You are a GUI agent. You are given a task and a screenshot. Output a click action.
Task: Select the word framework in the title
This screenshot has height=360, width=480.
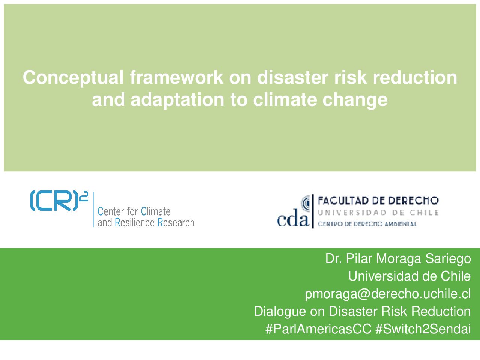coord(177,77)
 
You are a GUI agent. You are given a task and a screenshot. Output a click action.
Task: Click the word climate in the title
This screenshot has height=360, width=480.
coord(285,99)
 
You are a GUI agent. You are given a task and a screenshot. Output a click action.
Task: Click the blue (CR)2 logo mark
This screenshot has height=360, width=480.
coord(59,201)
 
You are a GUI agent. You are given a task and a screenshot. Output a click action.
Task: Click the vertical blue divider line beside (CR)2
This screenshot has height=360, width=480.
coord(93,209)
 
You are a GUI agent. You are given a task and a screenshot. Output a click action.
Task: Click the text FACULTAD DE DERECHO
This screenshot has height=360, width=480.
coord(378,200)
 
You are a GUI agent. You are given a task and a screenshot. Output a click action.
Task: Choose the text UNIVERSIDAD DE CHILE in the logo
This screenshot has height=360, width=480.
coord(378,213)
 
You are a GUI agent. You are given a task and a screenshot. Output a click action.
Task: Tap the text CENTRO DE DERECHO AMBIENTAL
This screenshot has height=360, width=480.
coord(367,224)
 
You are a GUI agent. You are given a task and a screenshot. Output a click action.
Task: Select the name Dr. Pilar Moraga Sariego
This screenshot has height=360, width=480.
coord(398,259)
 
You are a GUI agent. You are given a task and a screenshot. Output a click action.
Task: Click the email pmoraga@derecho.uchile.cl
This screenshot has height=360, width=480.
coord(388,294)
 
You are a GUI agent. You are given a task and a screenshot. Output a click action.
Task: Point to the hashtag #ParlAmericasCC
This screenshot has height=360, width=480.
coord(318,329)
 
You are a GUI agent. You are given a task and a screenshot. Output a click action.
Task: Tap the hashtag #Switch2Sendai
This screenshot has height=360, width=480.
coord(423,329)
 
